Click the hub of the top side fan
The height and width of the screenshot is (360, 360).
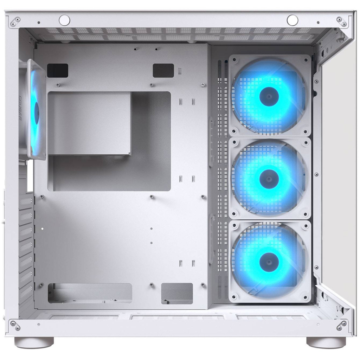click(x=269, y=96)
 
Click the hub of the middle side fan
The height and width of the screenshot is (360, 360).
click(x=269, y=179)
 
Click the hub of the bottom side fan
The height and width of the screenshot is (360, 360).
click(x=269, y=262)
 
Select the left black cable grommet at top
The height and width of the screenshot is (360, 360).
click(x=57, y=70)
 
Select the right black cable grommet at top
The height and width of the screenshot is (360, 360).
click(x=163, y=70)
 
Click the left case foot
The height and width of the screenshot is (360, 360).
click(x=34, y=342)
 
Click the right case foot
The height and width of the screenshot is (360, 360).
click(x=326, y=342)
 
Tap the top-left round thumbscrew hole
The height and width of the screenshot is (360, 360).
click(x=64, y=20)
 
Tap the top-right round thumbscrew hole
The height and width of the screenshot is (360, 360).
click(x=292, y=20)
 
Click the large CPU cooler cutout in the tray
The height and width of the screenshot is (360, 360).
click(x=109, y=141)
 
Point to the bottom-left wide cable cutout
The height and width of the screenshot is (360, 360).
click(x=90, y=293)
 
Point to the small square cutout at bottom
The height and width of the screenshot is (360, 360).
click(x=177, y=293)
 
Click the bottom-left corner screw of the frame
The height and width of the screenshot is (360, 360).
click(x=15, y=325)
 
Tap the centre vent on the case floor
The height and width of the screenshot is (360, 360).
click(x=177, y=317)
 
